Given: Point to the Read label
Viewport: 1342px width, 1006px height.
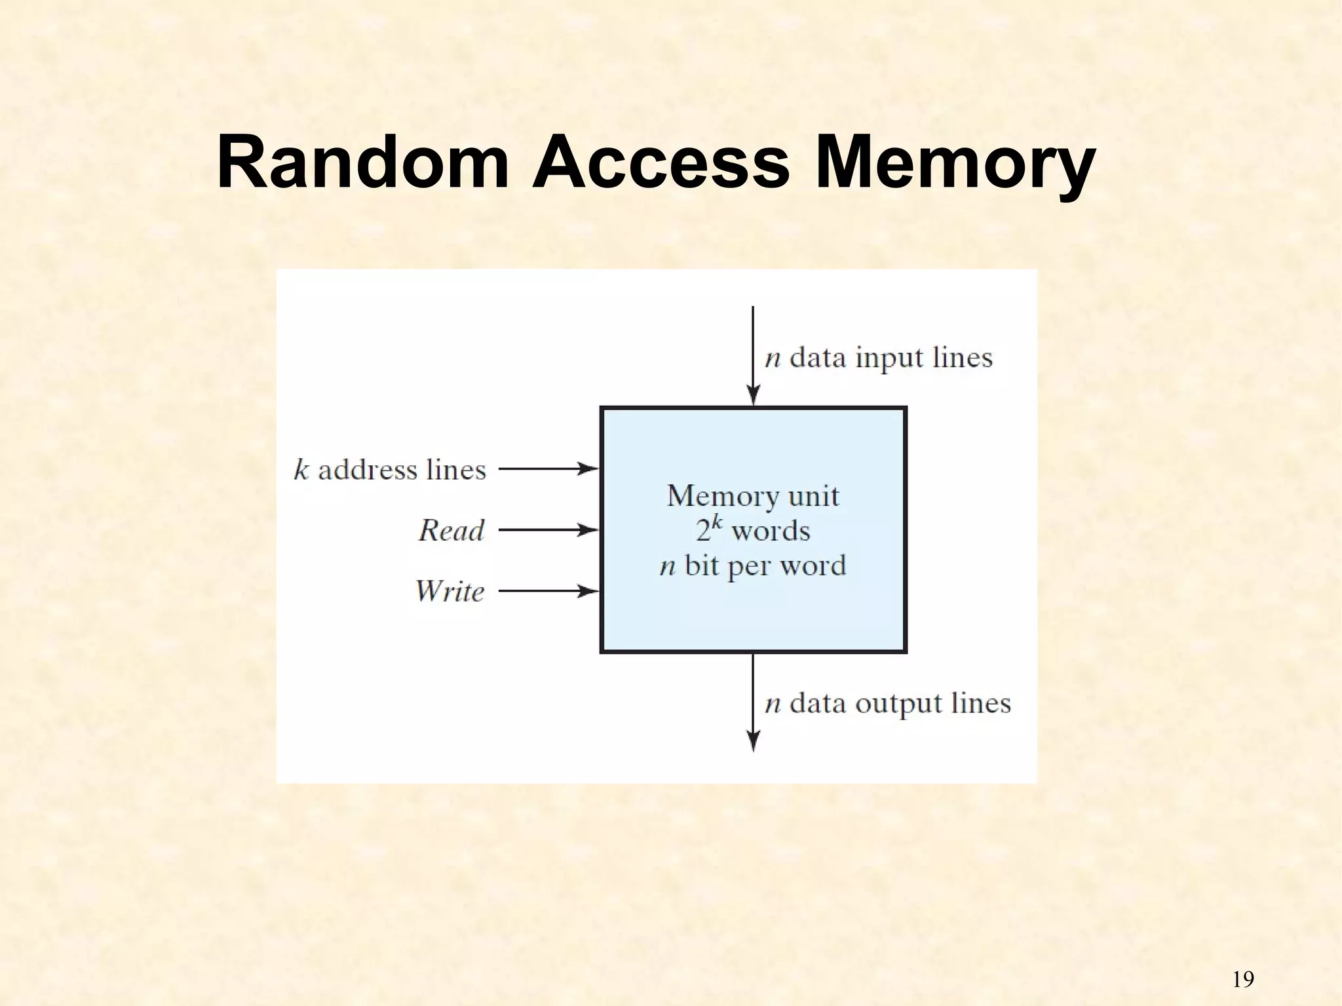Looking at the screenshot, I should coord(451,530).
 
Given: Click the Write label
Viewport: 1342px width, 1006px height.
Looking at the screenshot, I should coord(450,591).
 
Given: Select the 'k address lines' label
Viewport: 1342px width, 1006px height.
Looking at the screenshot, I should coord(390,470).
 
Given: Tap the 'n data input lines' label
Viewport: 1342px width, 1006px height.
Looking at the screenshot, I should coord(879,358).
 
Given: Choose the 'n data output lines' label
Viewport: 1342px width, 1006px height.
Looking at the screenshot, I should coord(888,703).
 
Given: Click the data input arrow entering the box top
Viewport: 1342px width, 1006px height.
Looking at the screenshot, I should coord(753,357).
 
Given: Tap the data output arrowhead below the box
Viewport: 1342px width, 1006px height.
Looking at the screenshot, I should coord(754,741).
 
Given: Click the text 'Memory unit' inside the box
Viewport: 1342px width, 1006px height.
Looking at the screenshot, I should coord(753,495).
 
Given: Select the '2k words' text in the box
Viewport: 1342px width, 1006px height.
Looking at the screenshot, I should coord(753,530).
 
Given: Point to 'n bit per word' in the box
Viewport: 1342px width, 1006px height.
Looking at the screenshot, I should coord(753,566).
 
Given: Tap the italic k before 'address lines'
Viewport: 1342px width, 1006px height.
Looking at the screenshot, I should coord(301,470).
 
